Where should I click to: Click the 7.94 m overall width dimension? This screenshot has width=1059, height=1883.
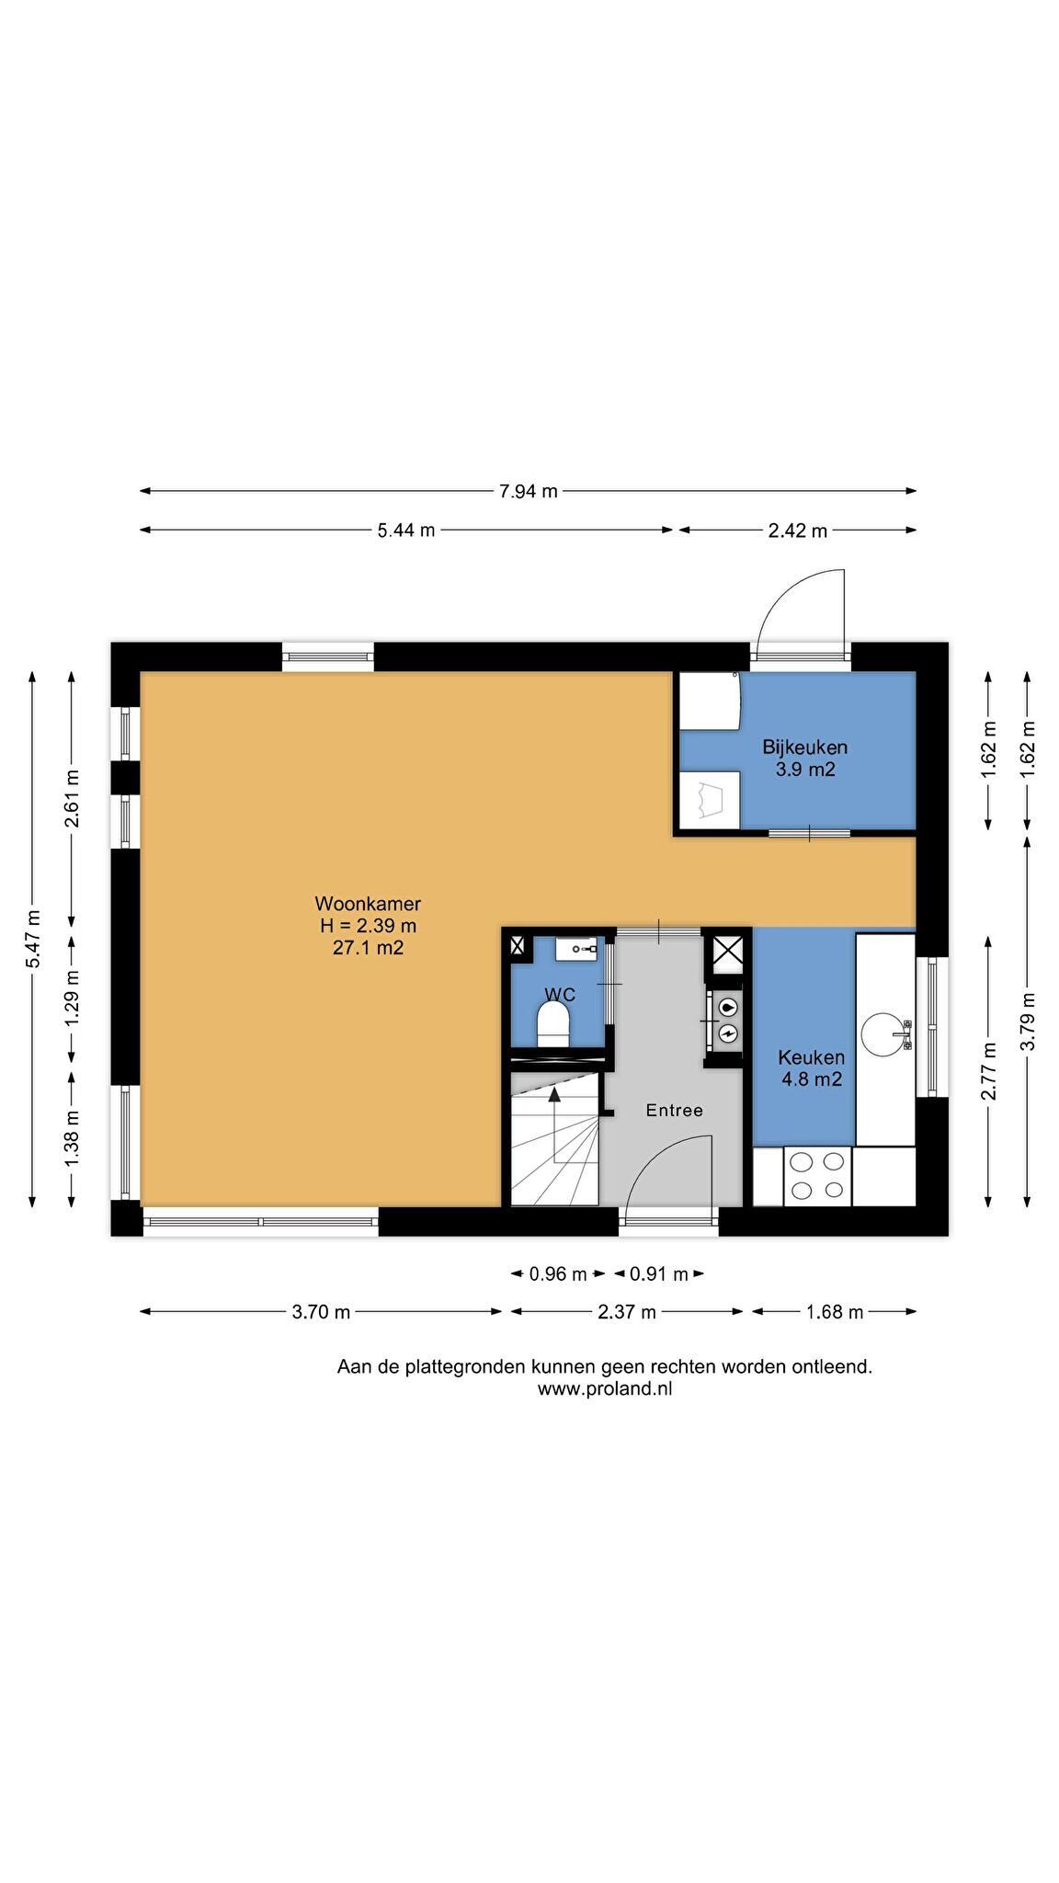click(x=529, y=491)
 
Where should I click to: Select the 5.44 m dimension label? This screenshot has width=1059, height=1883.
click(x=406, y=530)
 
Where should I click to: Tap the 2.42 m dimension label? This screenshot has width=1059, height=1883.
click(x=798, y=531)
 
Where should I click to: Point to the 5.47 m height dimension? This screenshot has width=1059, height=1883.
click(x=33, y=938)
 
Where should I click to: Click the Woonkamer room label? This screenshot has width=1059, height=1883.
click(x=368, y=904)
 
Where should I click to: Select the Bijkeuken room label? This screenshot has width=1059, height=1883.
click(x=805, y=747)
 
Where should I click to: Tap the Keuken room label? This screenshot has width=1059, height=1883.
click(x=812, y=1057)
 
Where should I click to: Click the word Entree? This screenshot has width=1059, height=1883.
click(x=675, y=1111)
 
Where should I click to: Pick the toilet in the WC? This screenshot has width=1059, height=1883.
click(x=553, y=1023)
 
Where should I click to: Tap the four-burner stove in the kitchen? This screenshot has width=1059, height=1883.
click(x=818, y=1176)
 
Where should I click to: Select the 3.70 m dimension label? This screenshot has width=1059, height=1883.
click(x=321, y=1312)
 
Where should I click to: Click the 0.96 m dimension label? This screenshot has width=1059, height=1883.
click(x=558, y=1274)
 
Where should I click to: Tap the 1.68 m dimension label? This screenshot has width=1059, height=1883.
click(x=835, y=1312)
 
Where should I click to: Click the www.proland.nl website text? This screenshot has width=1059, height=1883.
click(x=605, y=1389)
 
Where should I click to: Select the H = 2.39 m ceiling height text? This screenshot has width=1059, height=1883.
click(x=368, y=926)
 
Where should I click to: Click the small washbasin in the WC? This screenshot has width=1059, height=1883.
click(x=584, y=948)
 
